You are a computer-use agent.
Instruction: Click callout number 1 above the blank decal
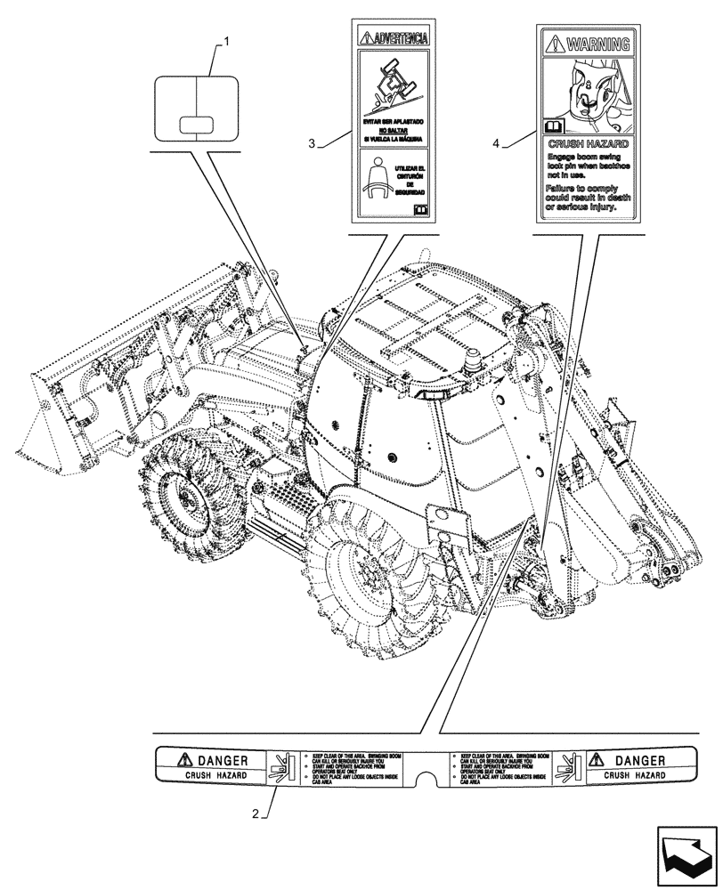(x=228, y=41)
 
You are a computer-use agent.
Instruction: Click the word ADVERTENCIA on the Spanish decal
(x=400, y=38)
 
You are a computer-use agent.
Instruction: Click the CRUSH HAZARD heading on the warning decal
(x=588, y=142)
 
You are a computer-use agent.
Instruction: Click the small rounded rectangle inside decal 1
(x=196, y=124)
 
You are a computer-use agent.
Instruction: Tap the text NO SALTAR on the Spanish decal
(x=392, y=130)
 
